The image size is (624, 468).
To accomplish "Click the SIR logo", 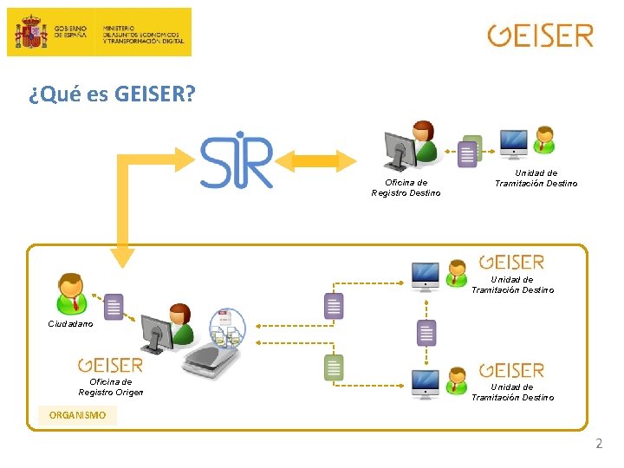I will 237,160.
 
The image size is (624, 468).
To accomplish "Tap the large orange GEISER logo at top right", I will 540,36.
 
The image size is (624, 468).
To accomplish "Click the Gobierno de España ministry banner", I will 100,32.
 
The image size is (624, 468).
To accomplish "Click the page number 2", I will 598,444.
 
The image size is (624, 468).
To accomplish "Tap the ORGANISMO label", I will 78,415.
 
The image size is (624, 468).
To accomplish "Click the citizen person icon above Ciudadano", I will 70,293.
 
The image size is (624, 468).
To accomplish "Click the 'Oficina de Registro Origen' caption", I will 111,387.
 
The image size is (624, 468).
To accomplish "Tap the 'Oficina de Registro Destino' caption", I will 406,187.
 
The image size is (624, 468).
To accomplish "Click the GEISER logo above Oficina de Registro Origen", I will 110,366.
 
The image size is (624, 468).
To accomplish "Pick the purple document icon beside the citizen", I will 114,306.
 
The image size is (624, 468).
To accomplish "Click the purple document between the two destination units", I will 426,331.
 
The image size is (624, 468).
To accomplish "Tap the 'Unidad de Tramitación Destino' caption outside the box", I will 536,179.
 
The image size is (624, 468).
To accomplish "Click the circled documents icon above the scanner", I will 227,327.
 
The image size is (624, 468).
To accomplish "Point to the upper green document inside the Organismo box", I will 334,305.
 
